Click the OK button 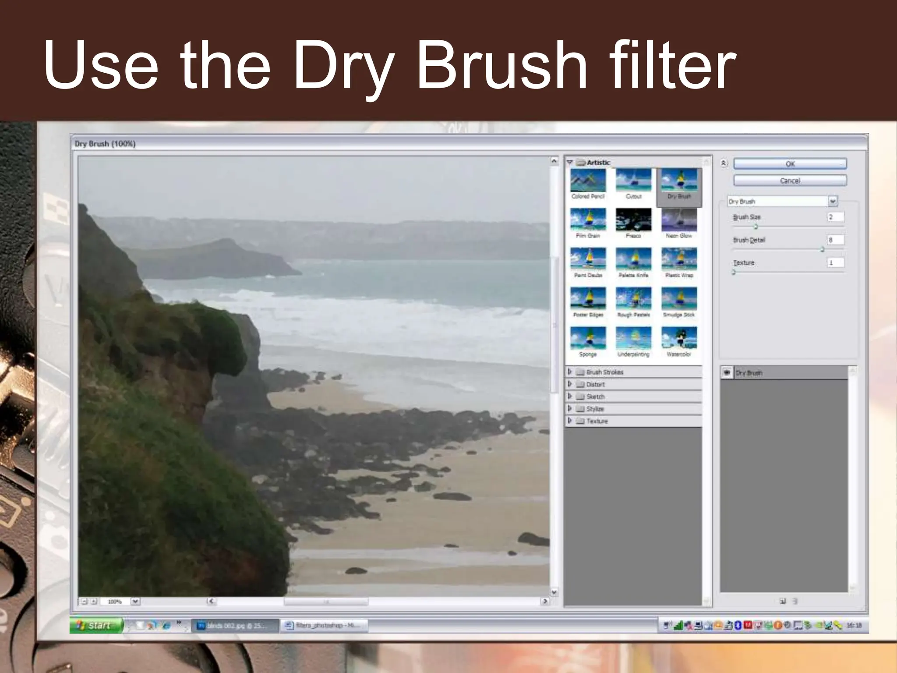[x=790, y=164]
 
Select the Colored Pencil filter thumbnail [x=588, y=181]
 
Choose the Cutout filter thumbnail [x=633, y=181]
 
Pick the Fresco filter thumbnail [x=633, y=220]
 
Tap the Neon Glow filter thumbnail [x=679, y=220]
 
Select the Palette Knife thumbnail [x=633, y=259]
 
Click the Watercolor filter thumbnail [x=679, y=338]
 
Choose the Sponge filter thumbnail [x=588, y=338]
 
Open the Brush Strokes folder [x=604, y=372]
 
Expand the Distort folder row [x=595, y=384]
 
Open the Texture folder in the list [x=597, y=421]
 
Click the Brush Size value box [x=835, y=217]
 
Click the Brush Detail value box [x=835, y=240]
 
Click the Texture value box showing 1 [x=835, y=263]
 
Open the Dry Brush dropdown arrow [x=833, y=201]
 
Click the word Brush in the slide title [x=502, y=66]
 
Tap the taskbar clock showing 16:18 [x=854, y=625]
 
